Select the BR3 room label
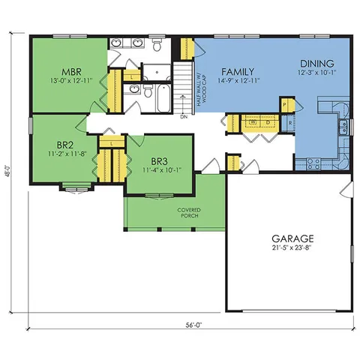click(x=158, y=161)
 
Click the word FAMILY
click(x=228, y=70)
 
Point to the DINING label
click(x=312, y=64)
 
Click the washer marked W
click(x=253, y=122)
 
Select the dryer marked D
click(x=268, y=122)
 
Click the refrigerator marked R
click(x=289, y=121)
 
